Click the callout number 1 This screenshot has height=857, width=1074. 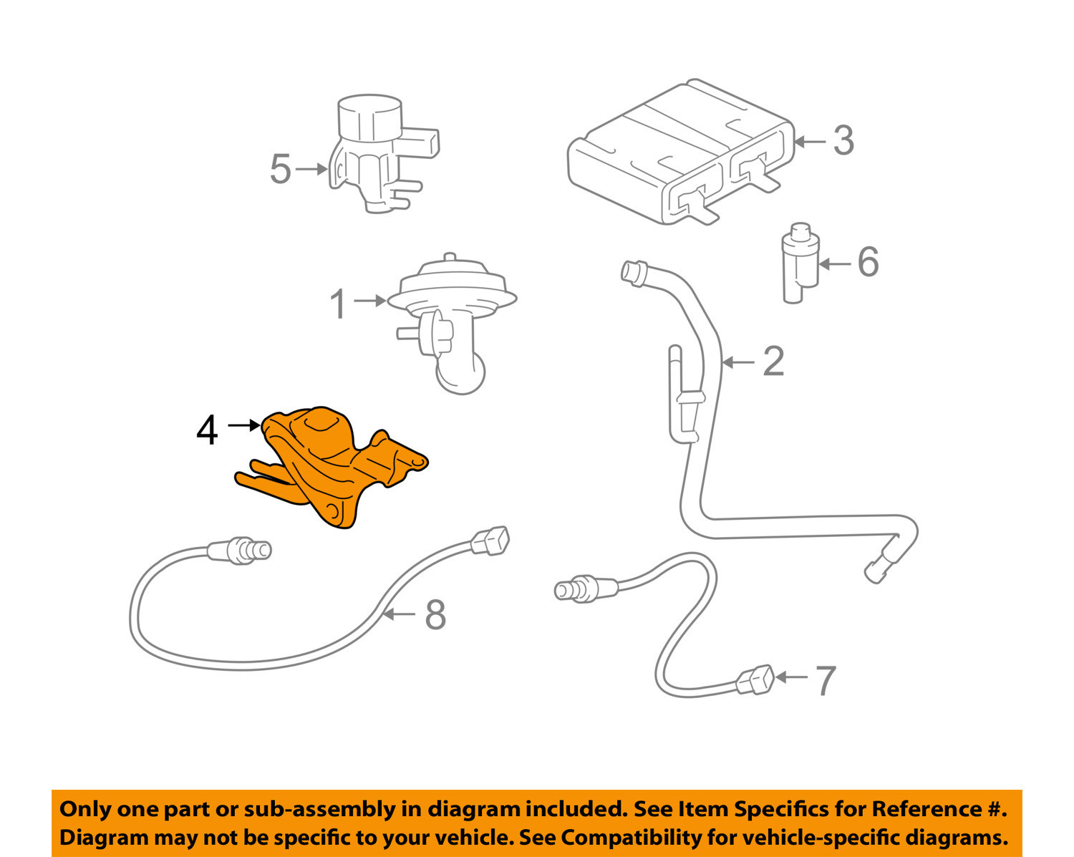339,304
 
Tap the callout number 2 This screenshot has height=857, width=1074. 773,362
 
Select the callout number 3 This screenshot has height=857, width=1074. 843,141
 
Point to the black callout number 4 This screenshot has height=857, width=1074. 207,431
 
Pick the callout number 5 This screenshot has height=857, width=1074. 281,170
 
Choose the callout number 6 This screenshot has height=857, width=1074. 868,262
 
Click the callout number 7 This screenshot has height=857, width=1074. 826,680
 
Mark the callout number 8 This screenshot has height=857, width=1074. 435,615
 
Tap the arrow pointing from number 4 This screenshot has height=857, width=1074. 244,425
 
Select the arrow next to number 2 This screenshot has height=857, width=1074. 739,363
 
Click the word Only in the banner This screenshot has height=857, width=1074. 84,809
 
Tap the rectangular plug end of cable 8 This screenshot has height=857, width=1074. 491,541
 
